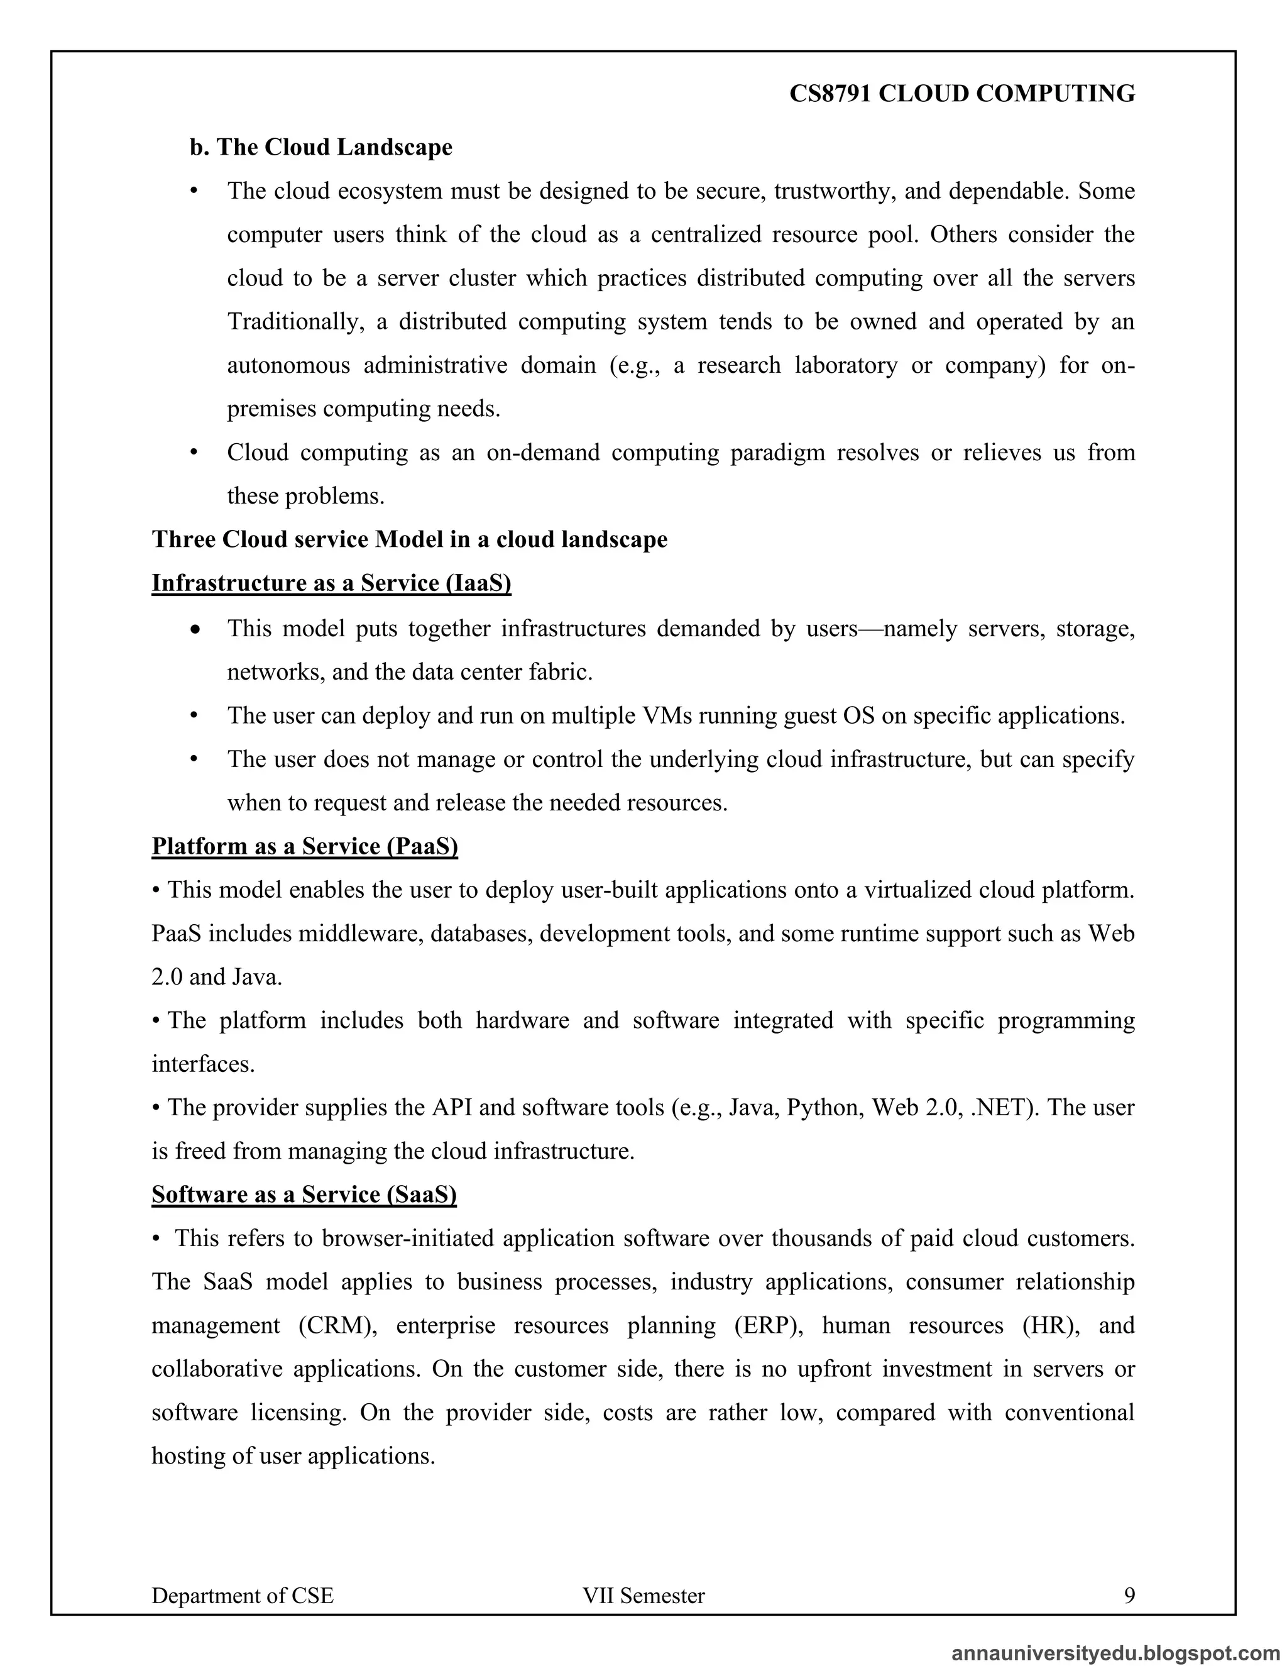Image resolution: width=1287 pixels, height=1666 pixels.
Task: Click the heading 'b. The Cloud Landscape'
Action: (321, 147)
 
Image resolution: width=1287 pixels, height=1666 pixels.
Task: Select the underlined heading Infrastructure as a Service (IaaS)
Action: (331, 583)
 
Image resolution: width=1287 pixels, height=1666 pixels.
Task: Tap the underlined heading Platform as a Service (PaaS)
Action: (304, 846)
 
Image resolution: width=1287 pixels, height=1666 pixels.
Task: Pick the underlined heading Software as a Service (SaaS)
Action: (304, 1194)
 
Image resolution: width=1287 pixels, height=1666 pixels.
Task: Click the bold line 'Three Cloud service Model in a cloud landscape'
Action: (410, 539)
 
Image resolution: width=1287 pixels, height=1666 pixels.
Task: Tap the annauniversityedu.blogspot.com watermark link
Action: (1116, 1652)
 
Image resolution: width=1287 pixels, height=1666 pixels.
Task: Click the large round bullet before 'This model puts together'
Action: (196, 630)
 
